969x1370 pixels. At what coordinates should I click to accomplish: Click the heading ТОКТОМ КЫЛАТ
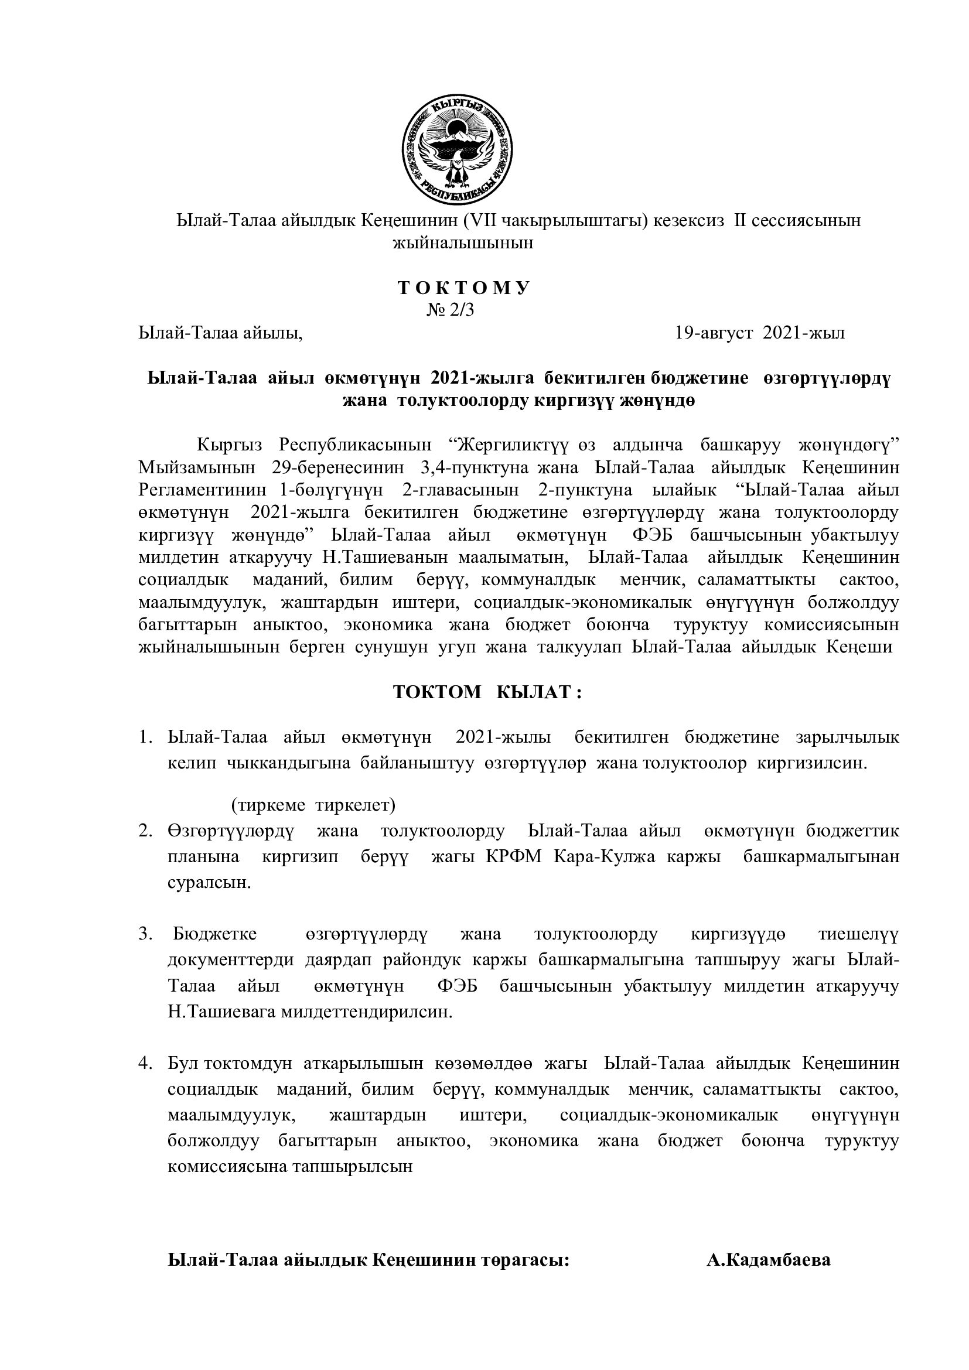pyautogui.click(x=487, y=692)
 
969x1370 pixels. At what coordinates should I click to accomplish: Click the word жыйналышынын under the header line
pyautogui.click(x=462, y=244)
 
